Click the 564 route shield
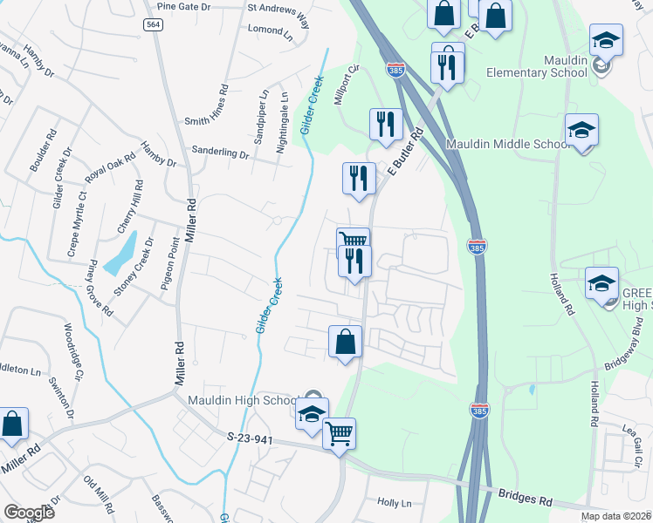[154, 25]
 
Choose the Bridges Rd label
[525, 497]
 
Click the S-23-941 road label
[251, 439]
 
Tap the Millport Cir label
[347, 85]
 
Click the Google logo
[29, 513]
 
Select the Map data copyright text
[615, 516]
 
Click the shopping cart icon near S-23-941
[339, 433]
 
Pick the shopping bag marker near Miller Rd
[14, 424]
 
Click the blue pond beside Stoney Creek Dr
[120, 252]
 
